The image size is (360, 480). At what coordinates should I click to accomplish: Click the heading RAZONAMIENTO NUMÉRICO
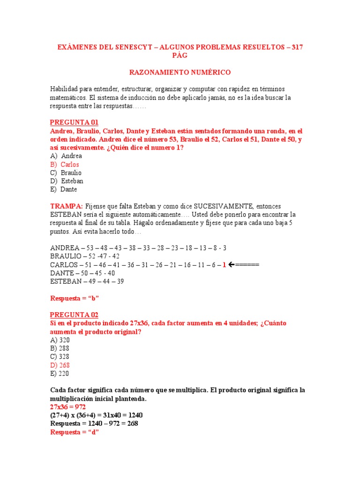[x=180, y=72]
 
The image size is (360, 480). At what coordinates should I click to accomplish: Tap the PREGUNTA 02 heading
[x=74, y=315]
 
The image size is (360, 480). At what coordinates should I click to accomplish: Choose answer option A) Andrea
[x=66, y=156]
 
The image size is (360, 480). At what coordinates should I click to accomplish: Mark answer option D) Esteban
[x=67, y=181]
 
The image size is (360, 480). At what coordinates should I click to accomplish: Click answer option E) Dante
[x=64, y=189]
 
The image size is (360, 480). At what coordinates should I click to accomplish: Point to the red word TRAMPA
[x=67, y=206]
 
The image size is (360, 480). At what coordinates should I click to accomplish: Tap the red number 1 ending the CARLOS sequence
[x=224, y=265]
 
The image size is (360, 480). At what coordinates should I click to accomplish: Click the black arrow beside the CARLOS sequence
[x=232, y=265]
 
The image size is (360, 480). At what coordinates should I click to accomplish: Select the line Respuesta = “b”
[x=75, y=298]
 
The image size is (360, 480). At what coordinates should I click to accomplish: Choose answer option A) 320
[x=60, y=340]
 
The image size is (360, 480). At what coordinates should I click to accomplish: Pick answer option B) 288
[x=60, y=349]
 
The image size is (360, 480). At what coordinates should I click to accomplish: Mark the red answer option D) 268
[x=60, y=365]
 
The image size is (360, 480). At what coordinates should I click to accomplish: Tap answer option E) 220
[x=60, y=374]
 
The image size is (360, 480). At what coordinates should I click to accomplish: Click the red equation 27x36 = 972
[x=68, y=407]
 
